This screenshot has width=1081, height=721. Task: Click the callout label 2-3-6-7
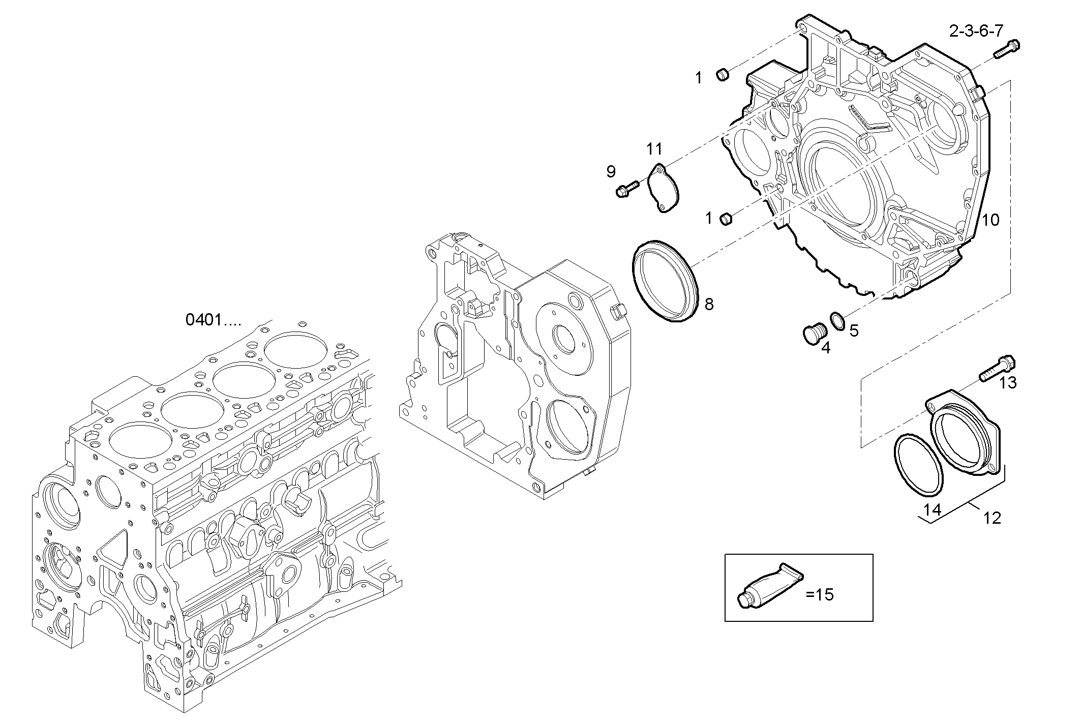[x=976, y=32]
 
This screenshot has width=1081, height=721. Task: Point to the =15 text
[x=820, y=594]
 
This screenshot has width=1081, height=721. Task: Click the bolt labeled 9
[x=627, y=189]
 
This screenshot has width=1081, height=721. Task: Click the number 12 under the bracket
[x=992, y=518]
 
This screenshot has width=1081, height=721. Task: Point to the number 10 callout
[x=990, y=220]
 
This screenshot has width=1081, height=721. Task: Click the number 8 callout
[x=709, y=305]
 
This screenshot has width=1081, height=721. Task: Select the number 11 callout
[x=655, y=149]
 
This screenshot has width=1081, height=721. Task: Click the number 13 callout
[x=1008, y=383]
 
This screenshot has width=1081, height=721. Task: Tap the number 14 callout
[x=933, y=509]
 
